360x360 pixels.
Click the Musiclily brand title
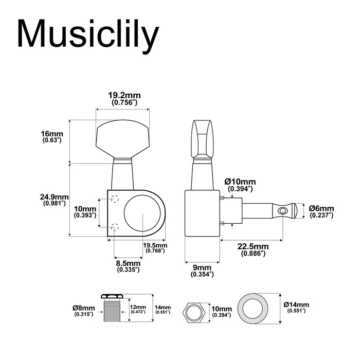pyautogui.click(x=87, y=34)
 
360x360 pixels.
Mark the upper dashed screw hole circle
pyautogui.click(x=115, y=199)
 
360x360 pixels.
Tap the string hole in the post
pyautogui.click(x=281, y=211)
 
